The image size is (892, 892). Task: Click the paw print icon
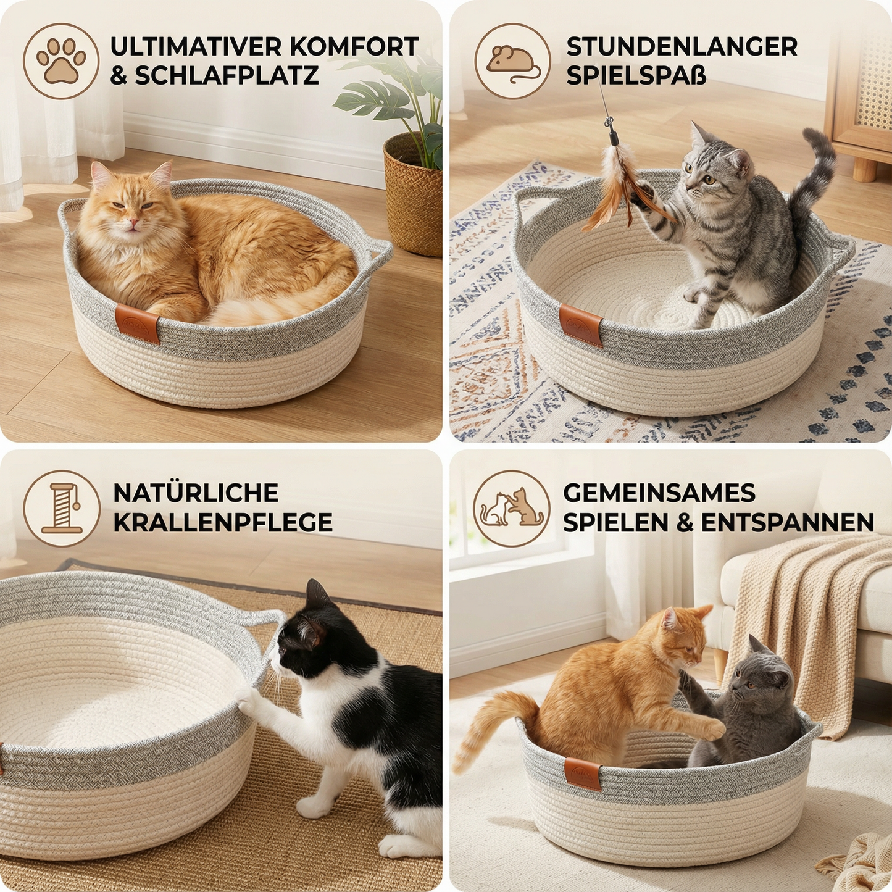[61, 61]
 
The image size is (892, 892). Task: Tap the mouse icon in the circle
[512, 61]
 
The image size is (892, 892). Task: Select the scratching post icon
[61, 508]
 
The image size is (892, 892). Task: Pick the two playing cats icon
[512, 508]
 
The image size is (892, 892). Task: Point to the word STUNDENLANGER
[682, 47]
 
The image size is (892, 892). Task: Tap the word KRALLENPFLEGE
[223, 522]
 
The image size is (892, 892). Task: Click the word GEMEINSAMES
[659, 493]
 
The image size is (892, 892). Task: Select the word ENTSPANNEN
[787, 522]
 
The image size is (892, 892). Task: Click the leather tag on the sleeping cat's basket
[137, 322]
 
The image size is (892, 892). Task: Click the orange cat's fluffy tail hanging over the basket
[488, 728]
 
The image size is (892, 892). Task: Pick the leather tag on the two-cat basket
[582, 774]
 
